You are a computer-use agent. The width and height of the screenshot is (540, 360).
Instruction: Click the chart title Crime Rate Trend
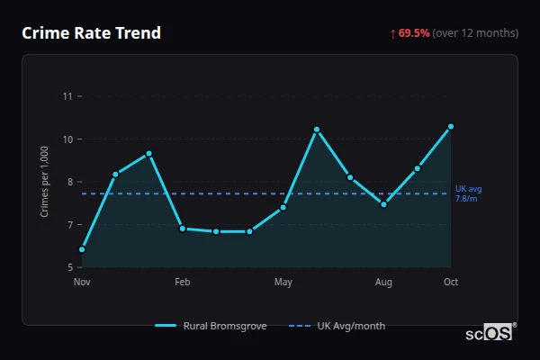pyautogui.click(x=91, y=33)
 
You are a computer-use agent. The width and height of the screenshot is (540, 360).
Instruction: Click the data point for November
pyautogui.click(x=82, y=249)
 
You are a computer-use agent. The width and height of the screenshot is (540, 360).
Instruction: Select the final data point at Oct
pyautogui.click(x=451, y=127)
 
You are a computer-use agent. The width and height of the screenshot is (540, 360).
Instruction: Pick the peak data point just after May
pyautogui.click(x=317, y=130)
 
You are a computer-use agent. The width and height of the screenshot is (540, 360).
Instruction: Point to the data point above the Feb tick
pyautogui.click(x=183, y=229)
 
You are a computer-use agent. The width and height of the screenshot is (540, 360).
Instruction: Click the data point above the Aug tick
pyautogui.click(x=383, y=204)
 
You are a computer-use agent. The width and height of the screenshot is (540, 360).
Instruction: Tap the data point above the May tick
pyautogui.click(x=283, y=208)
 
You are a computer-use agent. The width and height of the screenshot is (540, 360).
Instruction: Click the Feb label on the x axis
pyautogui.click(x=183, y=283)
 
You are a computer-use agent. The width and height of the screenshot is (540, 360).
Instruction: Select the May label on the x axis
pyautogui.click(x=283, y=283)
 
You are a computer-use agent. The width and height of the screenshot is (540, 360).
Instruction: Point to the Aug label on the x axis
pyautogui.click(x=383, y=283)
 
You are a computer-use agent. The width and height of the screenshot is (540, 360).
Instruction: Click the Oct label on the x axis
pyautogui.click(x=451, y=283)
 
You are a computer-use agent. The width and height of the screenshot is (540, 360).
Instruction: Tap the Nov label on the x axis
pyautogui.click(x=82, y=283)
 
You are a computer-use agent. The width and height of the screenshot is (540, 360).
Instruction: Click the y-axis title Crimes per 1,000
pyautogui.click(x=44, y=182)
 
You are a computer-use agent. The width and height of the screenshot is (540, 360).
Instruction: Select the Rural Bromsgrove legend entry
pyautogui.click(x=211, y=326)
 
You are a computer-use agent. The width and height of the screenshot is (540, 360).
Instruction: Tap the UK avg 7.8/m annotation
pyautogui.click(x=468, y=193)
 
